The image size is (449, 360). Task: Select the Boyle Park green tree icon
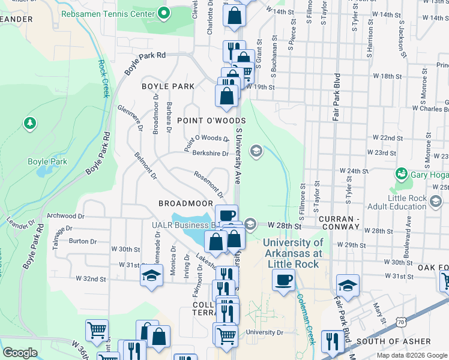29,124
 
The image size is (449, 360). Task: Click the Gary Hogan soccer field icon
401,175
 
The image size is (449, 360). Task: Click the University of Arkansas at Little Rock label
294,248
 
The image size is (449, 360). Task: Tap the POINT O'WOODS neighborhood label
203,121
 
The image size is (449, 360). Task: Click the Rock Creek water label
104,78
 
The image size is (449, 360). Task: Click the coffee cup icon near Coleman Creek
283,279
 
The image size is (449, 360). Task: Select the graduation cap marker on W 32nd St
151,276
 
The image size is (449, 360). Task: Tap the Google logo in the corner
20,353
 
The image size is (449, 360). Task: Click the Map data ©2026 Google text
411,355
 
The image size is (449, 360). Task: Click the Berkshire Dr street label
210,154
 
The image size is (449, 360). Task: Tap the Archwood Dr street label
61,215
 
